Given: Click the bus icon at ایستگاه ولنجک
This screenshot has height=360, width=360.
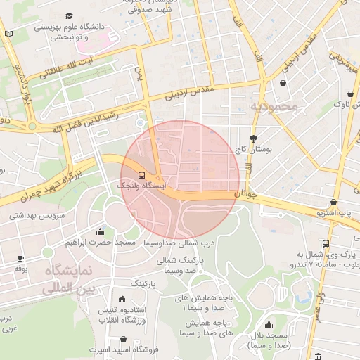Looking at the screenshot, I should click(x=142, y=174).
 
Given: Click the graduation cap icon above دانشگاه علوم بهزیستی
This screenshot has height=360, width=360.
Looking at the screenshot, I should click(x=69, y=15).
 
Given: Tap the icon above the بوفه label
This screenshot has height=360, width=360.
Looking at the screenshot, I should click(x=20, y=259).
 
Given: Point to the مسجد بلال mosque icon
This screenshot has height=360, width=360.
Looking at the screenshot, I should click(x=269, y=325).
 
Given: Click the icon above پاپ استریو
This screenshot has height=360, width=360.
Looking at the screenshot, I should click(x=333, y=202).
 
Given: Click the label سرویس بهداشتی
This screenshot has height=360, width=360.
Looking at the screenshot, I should click(x=37, y=216).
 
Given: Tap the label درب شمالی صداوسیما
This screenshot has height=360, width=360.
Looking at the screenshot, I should click(x=172, y=243).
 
